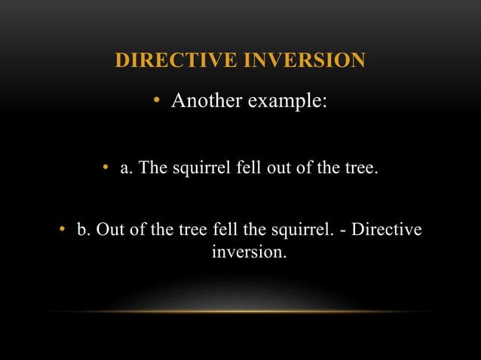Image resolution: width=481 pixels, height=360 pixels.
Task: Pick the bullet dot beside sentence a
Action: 107,167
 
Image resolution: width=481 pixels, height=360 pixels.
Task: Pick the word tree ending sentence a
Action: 359,167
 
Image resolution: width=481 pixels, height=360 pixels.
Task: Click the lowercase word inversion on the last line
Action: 249,252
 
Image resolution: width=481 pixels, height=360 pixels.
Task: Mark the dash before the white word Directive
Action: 344,229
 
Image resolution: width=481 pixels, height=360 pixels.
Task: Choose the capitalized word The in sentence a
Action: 154,167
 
